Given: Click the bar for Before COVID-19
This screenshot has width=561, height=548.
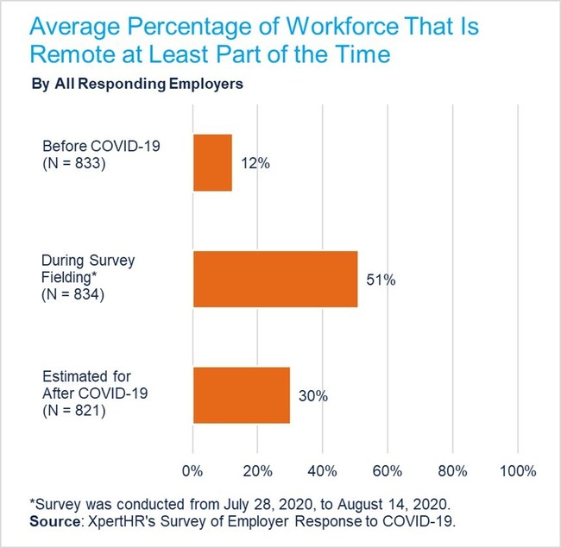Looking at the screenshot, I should pyautogui.click(x=212, y=162).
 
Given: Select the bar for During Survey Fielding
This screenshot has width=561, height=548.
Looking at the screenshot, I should pyautogui.click(x=274, y=279).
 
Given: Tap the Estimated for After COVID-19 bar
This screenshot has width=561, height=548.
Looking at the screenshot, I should pyautogui.click(x=241, y=395).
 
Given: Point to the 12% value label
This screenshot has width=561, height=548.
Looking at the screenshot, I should pyautogui.click(x=255, y=163).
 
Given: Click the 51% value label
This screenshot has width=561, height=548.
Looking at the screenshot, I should pyautogui.click(x=381, y=280).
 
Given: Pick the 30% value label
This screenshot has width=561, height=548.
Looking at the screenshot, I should pyautogui.click(x=313, y=396).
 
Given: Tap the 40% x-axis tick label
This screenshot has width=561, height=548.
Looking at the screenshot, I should pyautogui.click(x=322, y=471).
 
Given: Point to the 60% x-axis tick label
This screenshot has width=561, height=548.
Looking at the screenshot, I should pyautogui.click(x=388, y=471).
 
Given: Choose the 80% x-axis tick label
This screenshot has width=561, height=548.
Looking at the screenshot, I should pyautogui.click(x=452, y=471).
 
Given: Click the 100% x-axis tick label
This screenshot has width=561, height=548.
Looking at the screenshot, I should pyautogui.click(x=517, y=471).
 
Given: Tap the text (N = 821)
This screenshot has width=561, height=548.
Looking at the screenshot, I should pyautogui.click(x=73, y=413).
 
